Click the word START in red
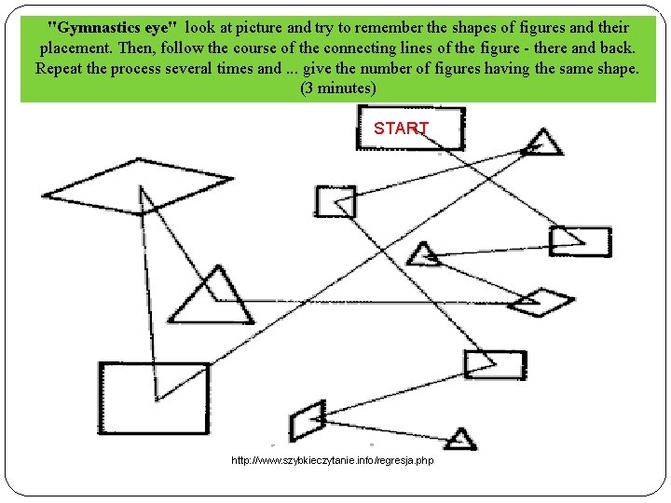(401, 129)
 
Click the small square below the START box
(335, 202)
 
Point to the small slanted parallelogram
(307, 421)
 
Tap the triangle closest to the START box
(541, 143)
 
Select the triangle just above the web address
(459, 439)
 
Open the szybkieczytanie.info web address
(332, 461)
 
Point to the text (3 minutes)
(337, 88)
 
